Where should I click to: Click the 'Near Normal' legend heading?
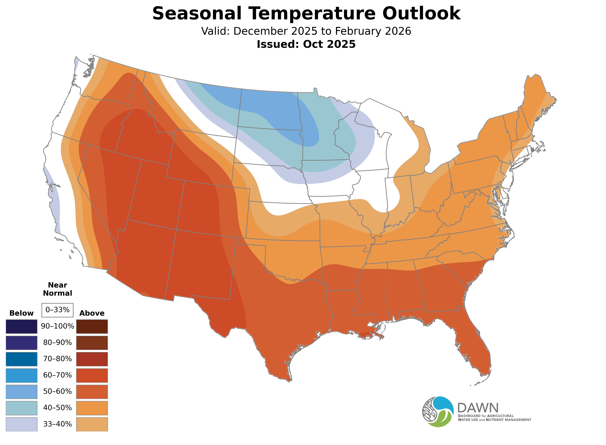coord(57,289)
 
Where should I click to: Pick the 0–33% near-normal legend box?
coord(57,310)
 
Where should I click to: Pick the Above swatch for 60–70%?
coord(92,375)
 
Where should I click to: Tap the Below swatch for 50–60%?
coord(22,391)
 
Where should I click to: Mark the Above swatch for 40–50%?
coord(92,408)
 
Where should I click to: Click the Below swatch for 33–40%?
coord(22,424)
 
